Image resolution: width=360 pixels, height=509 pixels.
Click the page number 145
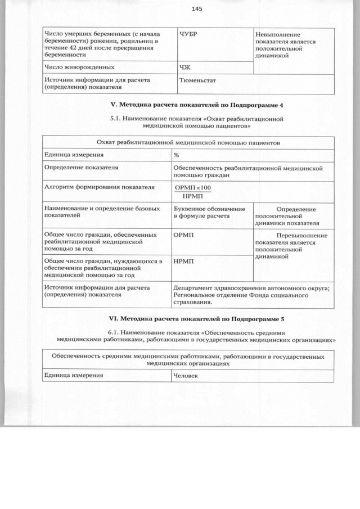point(196,8)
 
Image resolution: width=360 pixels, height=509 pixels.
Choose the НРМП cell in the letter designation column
point(184,262)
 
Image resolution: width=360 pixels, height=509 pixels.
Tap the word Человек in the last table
point(186,375)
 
